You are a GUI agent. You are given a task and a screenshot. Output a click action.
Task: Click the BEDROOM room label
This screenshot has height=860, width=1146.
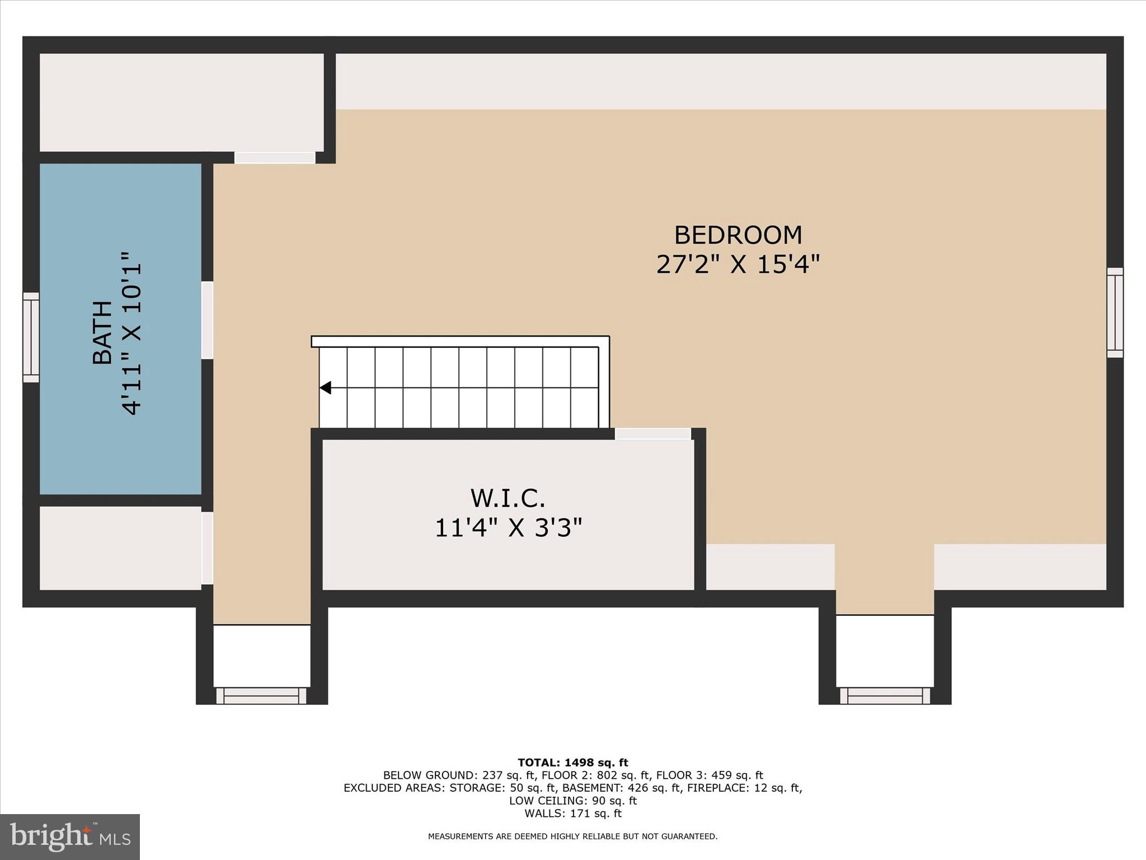738,235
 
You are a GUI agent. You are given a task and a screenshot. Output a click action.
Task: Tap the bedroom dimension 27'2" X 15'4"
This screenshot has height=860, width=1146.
738,264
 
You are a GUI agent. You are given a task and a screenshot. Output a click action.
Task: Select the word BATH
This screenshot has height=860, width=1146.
102,333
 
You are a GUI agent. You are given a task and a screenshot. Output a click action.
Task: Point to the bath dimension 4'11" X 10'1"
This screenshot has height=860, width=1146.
131,333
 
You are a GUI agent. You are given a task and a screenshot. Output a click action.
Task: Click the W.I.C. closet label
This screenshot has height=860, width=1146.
508,498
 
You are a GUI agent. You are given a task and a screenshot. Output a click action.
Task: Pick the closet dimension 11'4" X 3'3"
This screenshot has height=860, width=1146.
508,527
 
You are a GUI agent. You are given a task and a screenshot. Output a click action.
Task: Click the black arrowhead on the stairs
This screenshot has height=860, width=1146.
325,387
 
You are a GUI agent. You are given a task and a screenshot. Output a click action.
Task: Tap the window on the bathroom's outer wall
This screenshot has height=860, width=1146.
31,337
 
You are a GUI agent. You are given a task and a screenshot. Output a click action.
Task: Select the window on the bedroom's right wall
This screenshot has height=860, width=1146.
1115,312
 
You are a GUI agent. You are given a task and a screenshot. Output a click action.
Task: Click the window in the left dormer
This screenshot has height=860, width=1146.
261,695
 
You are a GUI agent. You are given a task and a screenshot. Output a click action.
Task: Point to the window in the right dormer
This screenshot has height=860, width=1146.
885,695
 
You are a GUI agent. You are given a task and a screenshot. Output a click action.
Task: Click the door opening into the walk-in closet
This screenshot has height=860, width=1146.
653,434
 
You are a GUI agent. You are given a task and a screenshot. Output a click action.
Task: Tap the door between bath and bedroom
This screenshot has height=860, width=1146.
207,320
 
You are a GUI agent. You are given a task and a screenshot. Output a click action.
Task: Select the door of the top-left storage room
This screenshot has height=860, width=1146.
275,157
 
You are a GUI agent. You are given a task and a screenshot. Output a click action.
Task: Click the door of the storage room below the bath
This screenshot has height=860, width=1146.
207,548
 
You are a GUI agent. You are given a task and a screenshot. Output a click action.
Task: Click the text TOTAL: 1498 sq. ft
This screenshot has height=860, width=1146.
572,763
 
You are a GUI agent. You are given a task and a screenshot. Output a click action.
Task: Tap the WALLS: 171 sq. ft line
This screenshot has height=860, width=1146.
572,814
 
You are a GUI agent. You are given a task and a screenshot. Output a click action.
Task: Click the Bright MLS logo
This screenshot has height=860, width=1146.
70,836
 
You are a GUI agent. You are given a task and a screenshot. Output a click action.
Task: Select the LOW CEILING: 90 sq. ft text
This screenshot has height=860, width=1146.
572,801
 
